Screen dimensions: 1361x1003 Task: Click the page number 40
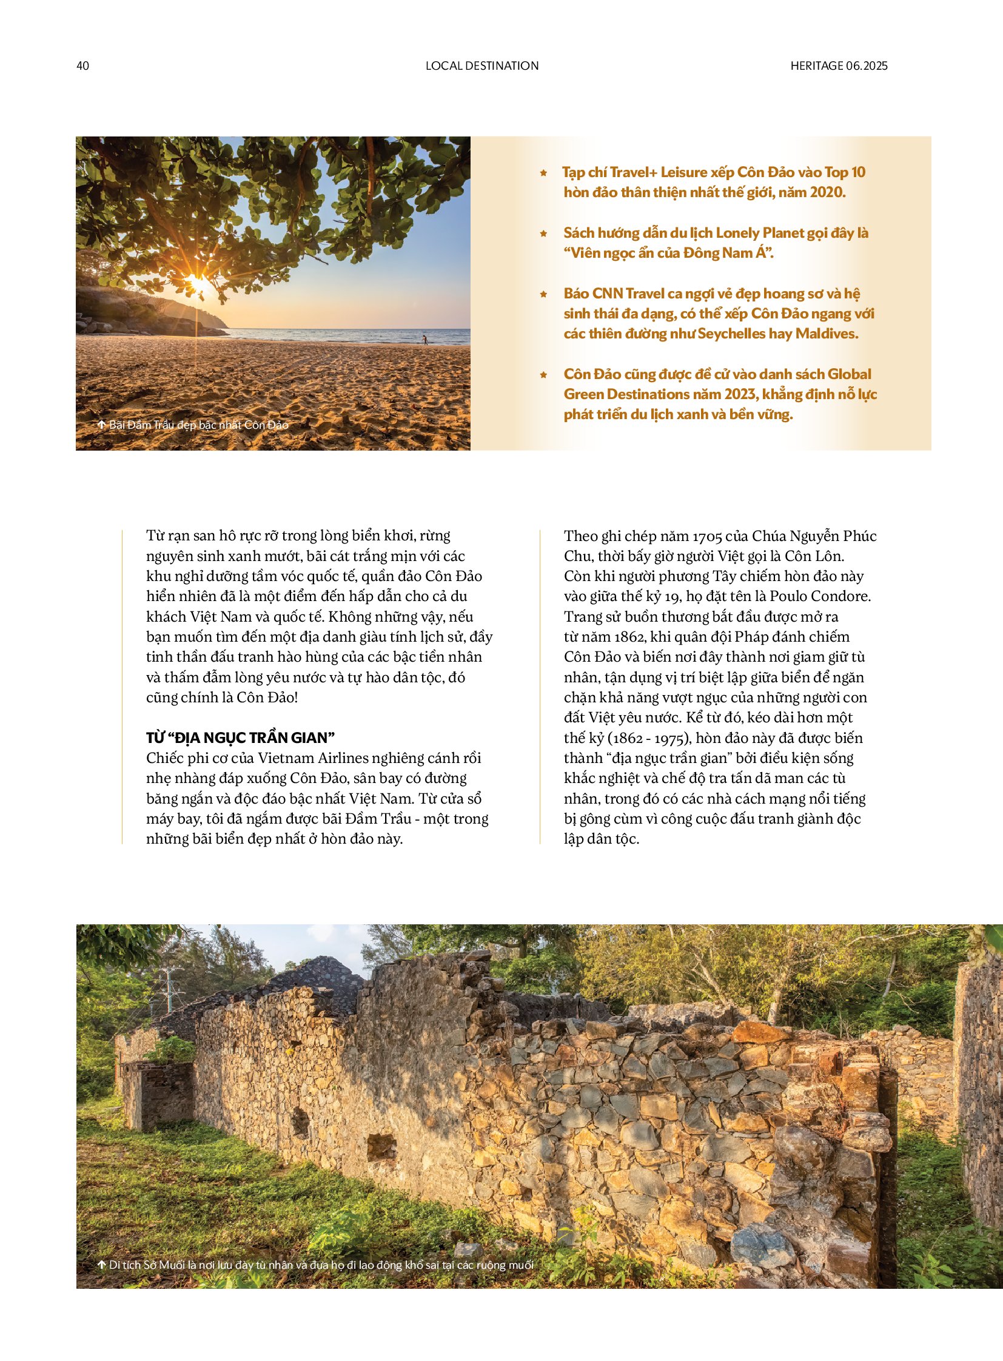pos(83,66)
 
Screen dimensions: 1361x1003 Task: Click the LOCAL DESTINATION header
pos(482,66)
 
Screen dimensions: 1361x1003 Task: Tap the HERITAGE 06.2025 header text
pos(839,66)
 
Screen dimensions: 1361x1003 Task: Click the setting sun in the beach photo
pos(198,283)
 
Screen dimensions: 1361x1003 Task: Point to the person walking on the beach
pos(425,339)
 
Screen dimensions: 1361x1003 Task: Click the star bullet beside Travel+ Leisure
pos(543,173)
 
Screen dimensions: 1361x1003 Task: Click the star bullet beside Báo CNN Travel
pos(543,294)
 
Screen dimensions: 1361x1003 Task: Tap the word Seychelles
pos(732,334)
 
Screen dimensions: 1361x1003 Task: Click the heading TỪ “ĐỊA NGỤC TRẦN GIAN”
pos(240,738)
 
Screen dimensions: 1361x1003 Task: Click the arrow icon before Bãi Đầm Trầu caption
pos(101,425)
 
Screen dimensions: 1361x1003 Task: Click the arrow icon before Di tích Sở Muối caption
pos(101,1265)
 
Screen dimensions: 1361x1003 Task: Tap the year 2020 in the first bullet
pos(827,192)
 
